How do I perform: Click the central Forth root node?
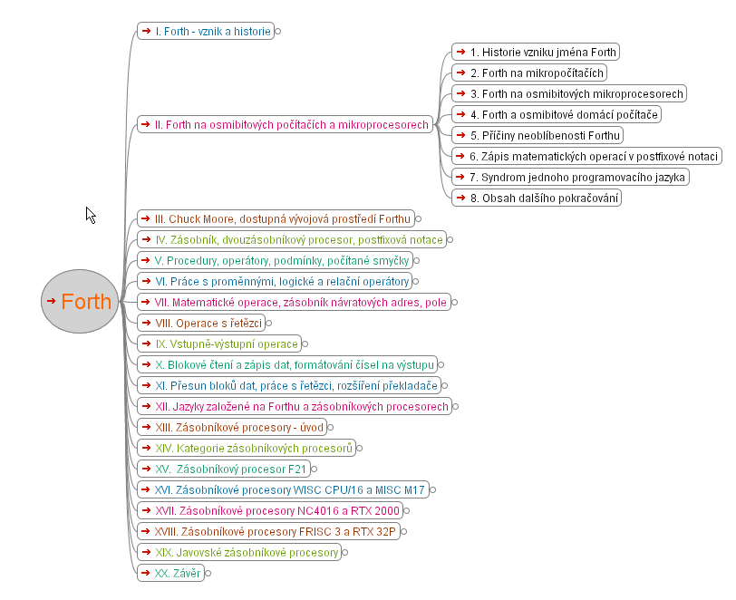[x=80, y=302]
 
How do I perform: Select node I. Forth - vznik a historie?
[x=206, y=31]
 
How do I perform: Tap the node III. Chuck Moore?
[x=276, y=218]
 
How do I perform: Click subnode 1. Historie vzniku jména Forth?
[x=536, y=52]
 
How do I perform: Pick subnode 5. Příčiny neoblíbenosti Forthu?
[x=537, y=135]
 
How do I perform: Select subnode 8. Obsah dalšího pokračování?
[x=537, y=198]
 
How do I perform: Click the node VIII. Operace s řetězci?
[x=201, y=323]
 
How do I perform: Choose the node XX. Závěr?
[x=170, y=573]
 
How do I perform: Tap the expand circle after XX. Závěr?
[x=208, y=573]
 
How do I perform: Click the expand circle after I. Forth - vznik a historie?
[x=278, y=32]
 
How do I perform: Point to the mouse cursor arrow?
[x=91, y=216]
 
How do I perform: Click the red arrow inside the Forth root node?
[x=51, y=301]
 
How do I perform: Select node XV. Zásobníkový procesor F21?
[x=224, y=469]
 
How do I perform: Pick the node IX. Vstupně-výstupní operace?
[x=219, y=344]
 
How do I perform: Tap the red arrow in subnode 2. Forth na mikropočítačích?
[x=460, y=73]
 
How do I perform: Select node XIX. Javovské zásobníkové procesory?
[x=239, y=552]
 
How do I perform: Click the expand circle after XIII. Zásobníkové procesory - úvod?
[x=330, y=427]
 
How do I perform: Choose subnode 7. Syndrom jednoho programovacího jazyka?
[x=570, y=177]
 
